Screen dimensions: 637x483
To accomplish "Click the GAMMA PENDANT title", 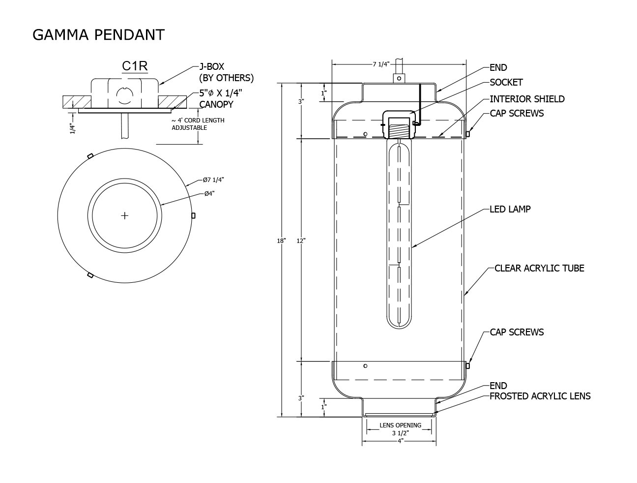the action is click(x=98, y=35).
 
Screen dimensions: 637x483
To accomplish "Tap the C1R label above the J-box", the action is click(x=135, y=66).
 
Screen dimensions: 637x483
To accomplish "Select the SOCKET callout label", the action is click(x=506, y=83).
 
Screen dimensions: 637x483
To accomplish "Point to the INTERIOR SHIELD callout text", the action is click(x=527, y=99).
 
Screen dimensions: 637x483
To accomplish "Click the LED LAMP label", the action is click(x=510, y=209).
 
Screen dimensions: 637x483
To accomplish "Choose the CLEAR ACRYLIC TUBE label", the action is click(x=539, y=268).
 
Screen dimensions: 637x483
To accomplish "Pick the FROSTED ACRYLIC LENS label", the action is click(x=540, y=396).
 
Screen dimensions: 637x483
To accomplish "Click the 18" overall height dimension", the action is click(x=281, y=241).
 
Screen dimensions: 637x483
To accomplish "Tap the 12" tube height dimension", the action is click(x=301, y=241).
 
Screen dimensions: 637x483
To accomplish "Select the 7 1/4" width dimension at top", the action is click(x=381, y=64).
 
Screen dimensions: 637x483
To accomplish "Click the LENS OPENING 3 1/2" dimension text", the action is click(x=400, y=429).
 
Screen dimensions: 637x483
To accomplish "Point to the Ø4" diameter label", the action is click(x=209, y=194).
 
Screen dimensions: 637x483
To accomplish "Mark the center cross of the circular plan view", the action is click(x=124, y=215).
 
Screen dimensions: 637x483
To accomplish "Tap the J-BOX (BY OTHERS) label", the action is click(x=227, y=72).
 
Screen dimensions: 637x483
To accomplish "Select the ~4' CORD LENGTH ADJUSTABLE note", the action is click(x=198, y=124).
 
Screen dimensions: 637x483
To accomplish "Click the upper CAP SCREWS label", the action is click(x=517, y=113).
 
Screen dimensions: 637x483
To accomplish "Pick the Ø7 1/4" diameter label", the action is click(x=214, y=180).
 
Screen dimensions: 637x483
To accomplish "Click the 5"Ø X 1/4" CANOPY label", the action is click(x=221, y=99).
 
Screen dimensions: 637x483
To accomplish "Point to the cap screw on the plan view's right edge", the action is click(x=193, y=215).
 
